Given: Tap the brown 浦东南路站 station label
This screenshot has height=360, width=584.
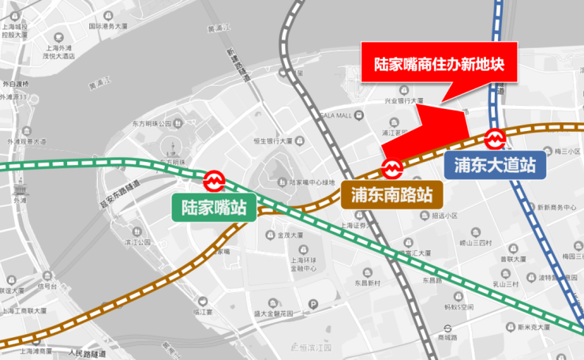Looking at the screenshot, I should coord(391,193).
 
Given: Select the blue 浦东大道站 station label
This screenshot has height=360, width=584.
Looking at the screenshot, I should coord(496,165).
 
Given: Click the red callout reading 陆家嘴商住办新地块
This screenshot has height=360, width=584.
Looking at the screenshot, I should coord(438,62).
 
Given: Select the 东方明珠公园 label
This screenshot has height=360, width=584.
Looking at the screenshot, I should coord(153,124).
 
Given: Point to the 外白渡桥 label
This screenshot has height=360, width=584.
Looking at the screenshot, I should coord(15,84).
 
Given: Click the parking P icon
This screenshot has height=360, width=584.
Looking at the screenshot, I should coord(313,304).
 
